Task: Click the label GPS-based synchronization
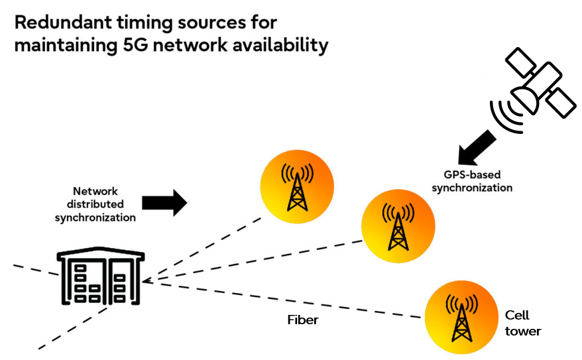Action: coord(472,181)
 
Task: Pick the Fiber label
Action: coord(302,320)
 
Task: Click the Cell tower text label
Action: coord(522,323)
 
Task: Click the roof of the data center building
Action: coord(100,257)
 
